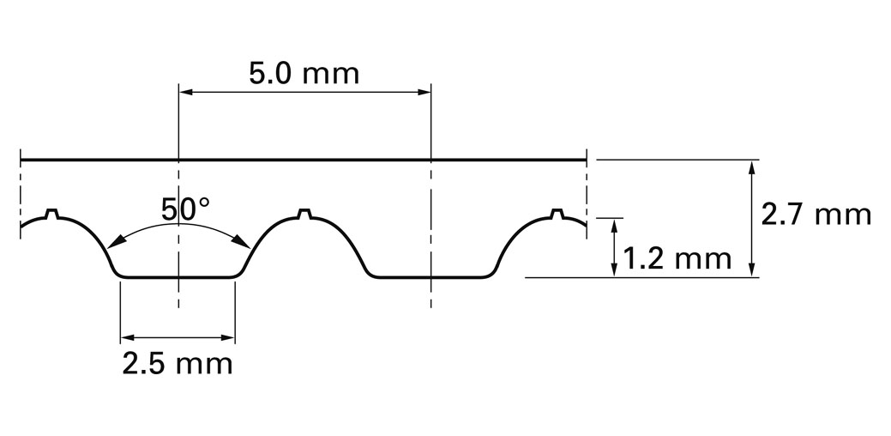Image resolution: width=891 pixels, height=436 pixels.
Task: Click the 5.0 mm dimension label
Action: point(304,74)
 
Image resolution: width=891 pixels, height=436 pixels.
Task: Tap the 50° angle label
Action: point(185,209)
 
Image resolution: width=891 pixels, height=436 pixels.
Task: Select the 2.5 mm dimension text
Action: point(178,364)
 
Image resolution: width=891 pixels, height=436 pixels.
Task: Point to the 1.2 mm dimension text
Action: point(677,259)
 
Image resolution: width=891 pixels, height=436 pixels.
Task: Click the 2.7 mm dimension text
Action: point(816,215)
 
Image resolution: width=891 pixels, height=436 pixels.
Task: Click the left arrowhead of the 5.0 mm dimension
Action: point(186,92)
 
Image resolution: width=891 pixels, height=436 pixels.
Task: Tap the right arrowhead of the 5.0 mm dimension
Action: point(424,92)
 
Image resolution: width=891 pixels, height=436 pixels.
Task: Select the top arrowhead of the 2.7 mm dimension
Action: point(752,167)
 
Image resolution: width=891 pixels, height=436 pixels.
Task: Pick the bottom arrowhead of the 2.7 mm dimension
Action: point(752,270)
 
